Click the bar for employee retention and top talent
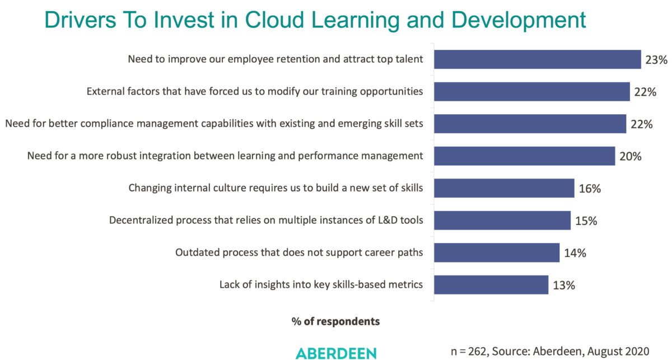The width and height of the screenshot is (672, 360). coord(538,59)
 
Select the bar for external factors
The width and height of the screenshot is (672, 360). coord(532,92)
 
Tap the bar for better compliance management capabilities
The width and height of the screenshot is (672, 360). coord(530,124)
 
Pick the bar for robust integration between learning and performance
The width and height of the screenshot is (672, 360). coord(525,156)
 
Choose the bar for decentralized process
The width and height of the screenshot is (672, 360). coord(502,221)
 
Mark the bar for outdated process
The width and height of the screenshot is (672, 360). coord(497,253)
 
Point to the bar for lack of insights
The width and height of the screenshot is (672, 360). coord(491,285)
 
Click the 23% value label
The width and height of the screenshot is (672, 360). coord(656,59)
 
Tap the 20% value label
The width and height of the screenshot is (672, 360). coord(631,156)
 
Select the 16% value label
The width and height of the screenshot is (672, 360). coord(590,189)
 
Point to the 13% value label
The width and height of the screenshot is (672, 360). coord(564,285)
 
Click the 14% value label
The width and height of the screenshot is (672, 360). coord(575,253)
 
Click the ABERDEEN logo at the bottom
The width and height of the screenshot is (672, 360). coord(336,353)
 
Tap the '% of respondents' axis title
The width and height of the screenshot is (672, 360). coord(335,321)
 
